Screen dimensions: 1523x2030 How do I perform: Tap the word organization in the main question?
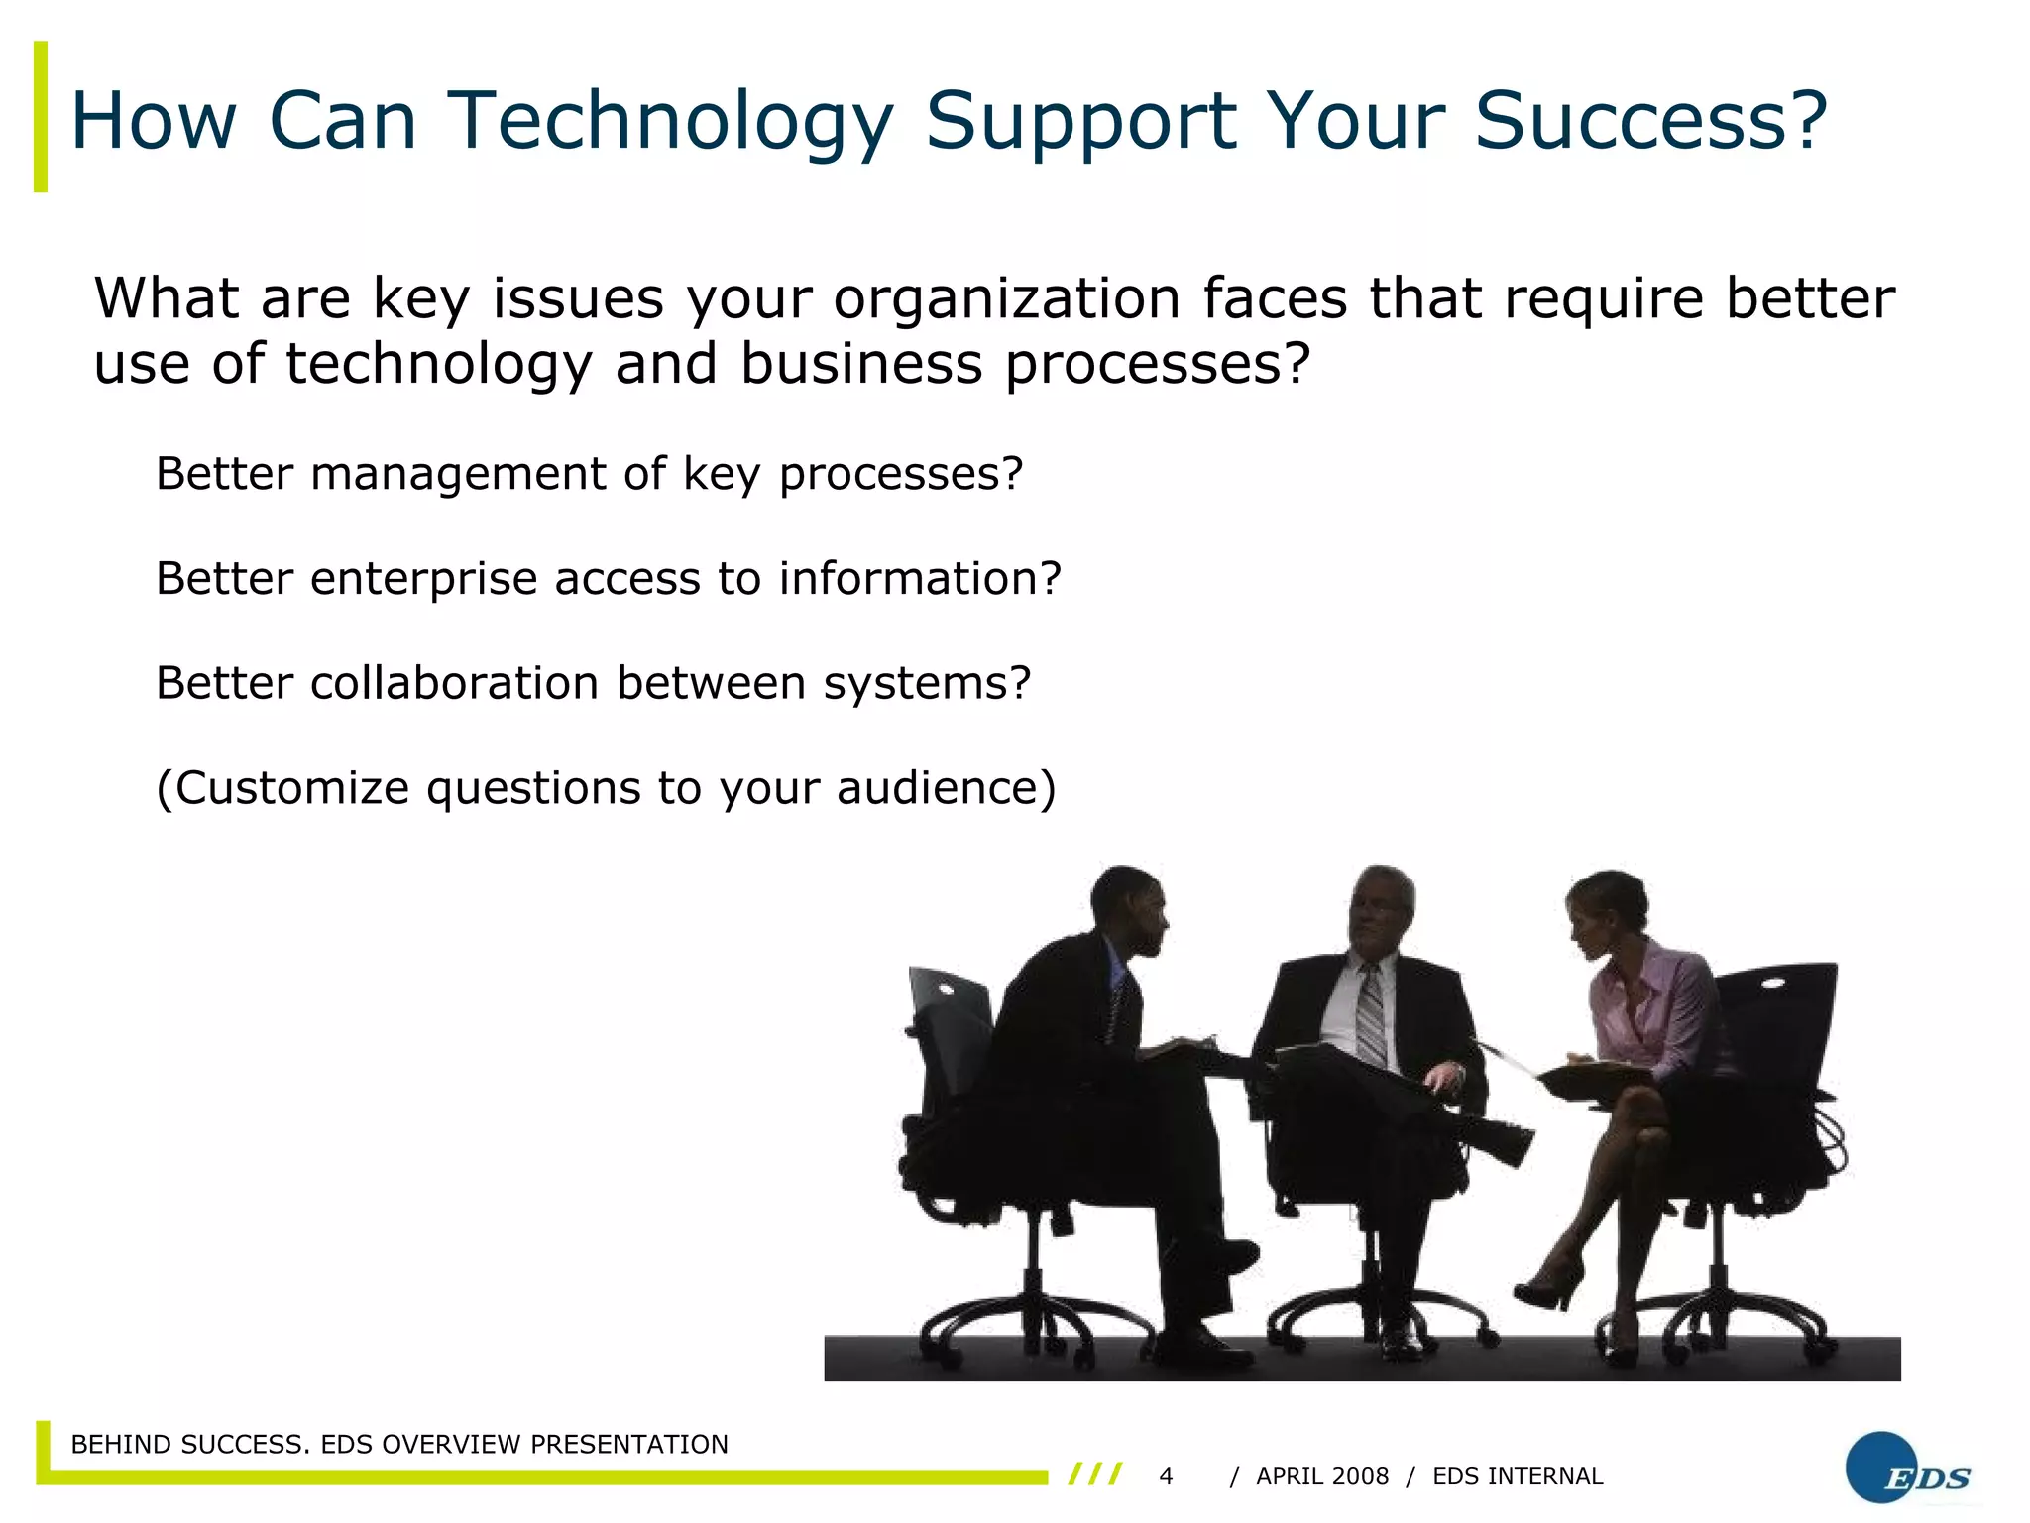tap(1006, 299)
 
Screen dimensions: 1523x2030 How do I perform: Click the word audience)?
tap(947, 788)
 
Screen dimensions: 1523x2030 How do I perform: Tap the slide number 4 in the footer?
tap(1166, 1476)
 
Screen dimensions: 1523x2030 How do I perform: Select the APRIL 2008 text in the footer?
tap(1321, 1476)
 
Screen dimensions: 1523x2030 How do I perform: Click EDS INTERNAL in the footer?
tap(1517, 1476)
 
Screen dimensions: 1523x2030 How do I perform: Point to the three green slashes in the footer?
tap(1095, 1474)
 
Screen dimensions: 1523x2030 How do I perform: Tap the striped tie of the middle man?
tap(1371, 1016)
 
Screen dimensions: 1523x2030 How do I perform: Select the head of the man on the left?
tap(1130, 907)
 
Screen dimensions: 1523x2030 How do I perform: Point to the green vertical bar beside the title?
tap(41, 117)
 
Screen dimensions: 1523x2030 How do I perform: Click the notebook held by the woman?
tap(1596, 1076)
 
